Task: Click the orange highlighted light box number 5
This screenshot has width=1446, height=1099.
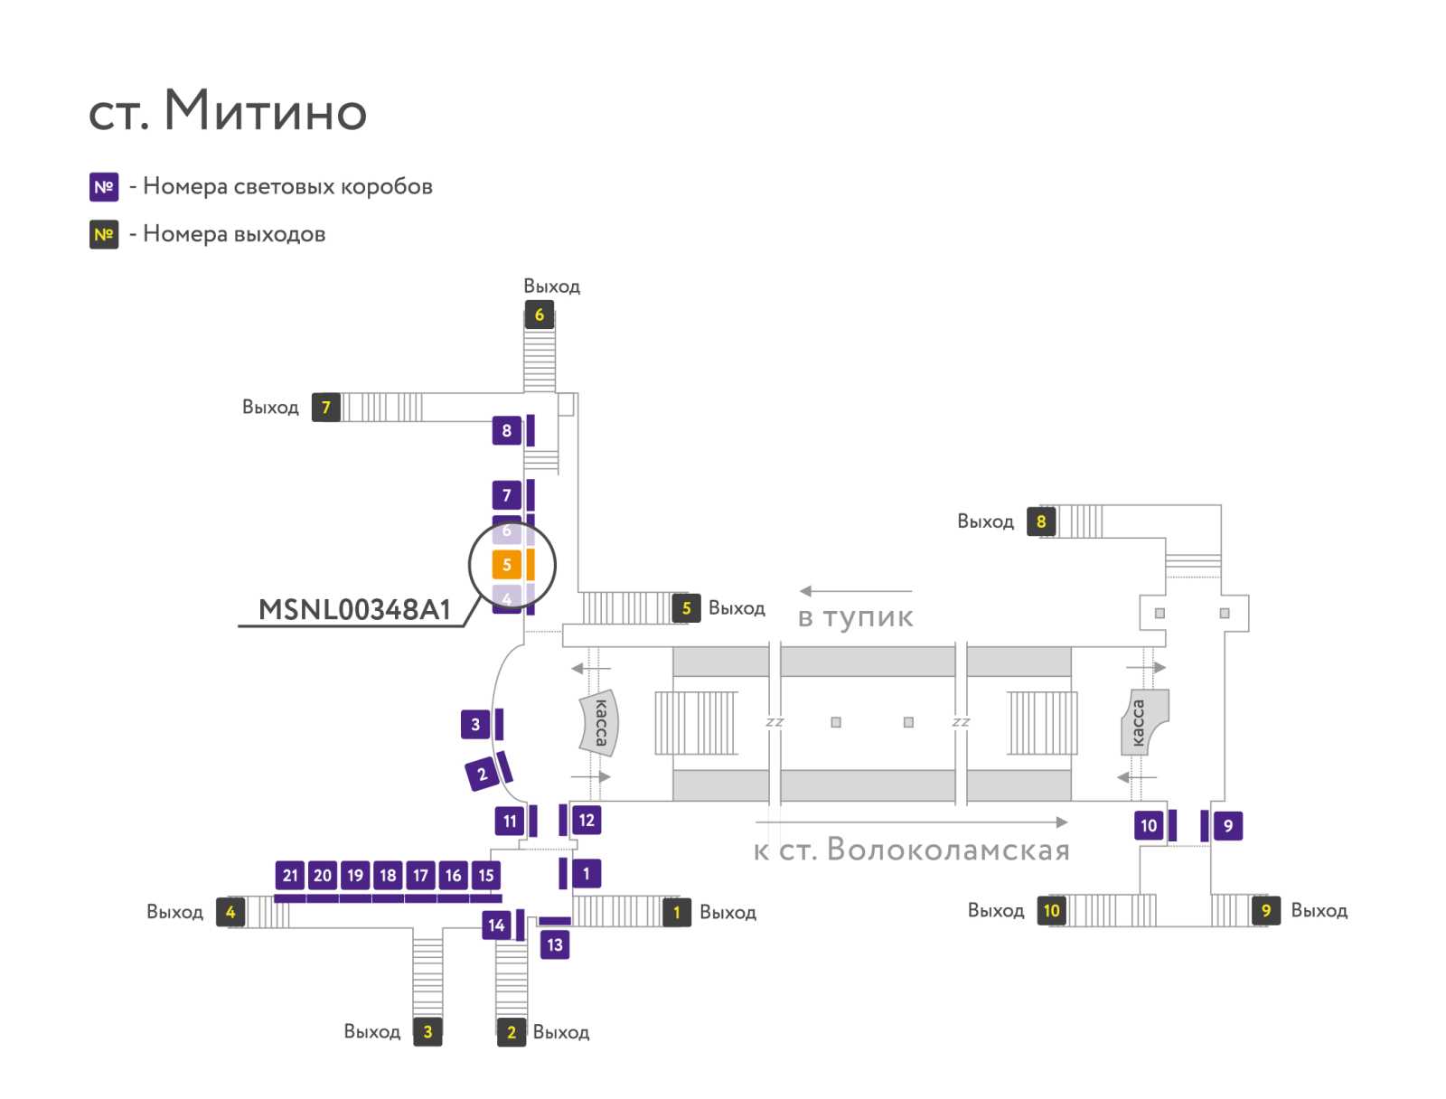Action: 506,564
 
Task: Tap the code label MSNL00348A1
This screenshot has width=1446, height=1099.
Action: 353,609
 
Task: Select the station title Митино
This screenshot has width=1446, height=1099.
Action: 265,110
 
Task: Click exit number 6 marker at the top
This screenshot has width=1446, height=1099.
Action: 539,315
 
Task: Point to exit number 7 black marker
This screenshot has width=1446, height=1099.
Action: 325,407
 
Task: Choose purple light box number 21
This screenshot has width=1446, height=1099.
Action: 290,875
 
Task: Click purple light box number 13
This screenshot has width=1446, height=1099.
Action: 555,944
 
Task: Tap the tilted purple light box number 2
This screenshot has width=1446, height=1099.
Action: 482,774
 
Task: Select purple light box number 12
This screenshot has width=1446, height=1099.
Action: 587,820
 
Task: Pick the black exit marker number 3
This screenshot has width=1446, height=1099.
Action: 427,1031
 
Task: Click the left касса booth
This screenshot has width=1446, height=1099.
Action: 599,722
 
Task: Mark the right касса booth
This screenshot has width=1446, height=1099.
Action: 1143,722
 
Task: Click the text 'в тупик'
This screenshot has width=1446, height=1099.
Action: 855,617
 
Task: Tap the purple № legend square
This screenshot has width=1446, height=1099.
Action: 104,186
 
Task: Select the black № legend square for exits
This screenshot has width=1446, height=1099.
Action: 104,234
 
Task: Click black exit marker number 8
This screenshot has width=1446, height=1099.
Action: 1041,521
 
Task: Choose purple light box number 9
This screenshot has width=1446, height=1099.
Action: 1228,825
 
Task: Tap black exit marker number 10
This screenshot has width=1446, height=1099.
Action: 1051,910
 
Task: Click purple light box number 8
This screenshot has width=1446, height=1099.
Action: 506,430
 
